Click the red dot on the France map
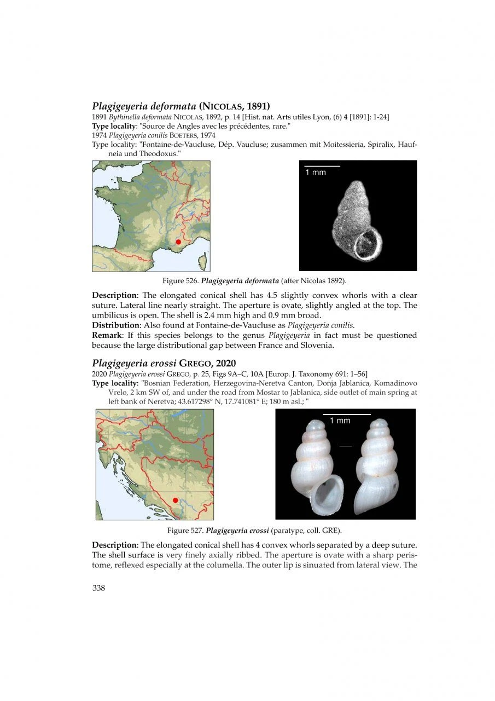coord(178,242)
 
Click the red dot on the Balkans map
coord(175,500)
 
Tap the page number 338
coord(98,588)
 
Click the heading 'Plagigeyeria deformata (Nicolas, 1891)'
coord(181,105)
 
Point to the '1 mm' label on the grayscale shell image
coord(315,173)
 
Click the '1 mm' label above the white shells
coord(340,421)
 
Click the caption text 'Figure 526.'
coord(180,281)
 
